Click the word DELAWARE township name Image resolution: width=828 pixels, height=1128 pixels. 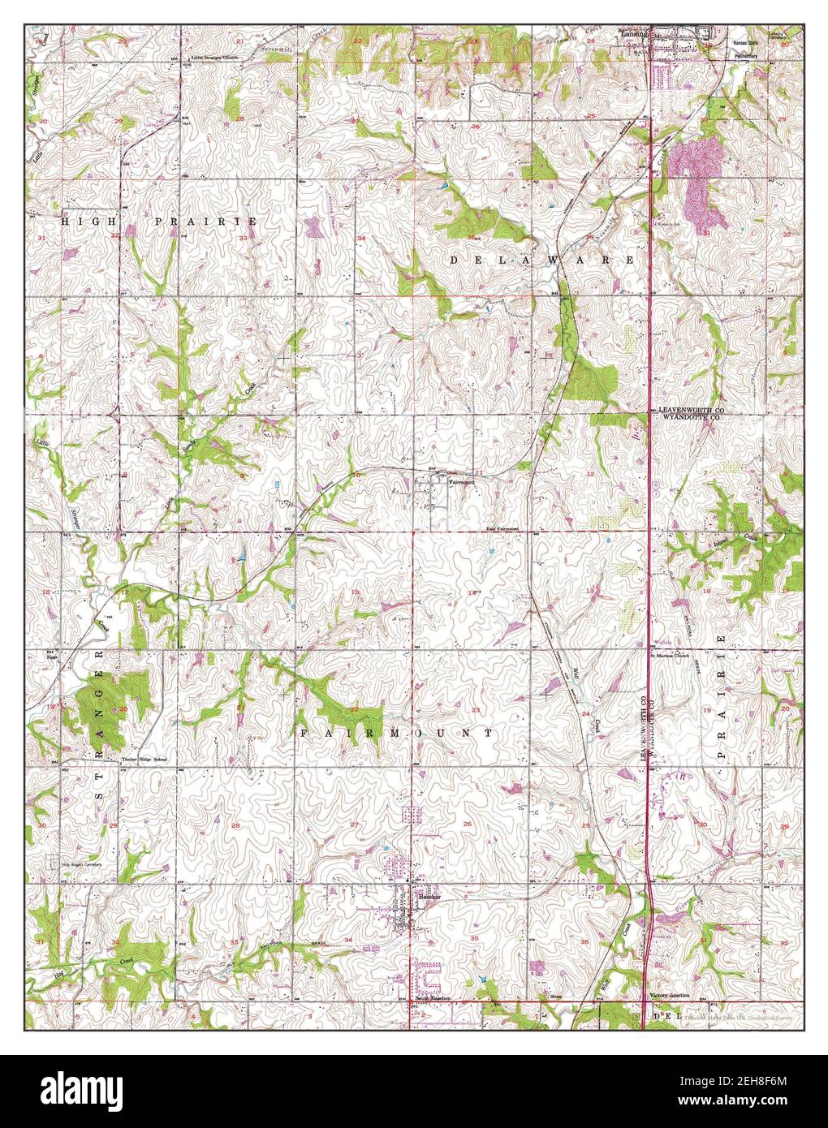[543, 260]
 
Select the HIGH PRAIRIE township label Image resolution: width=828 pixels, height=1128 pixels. [160, 222]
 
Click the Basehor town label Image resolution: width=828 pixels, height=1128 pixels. [428, 898]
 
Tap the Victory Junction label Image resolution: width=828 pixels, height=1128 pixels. [669, 995]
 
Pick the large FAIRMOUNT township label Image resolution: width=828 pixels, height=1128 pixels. [397, 733]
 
